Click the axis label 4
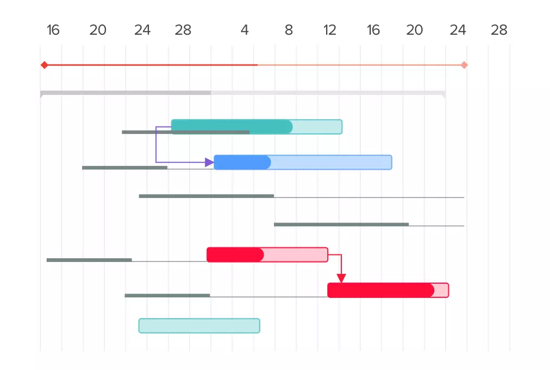coord(245,30)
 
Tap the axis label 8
coord(289,30)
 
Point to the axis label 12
coord(330,30)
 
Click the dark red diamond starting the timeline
coord(44,65)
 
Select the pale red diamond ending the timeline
coord(464,65)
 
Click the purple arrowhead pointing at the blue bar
coord(209,162)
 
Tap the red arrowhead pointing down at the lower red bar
coord(341,278)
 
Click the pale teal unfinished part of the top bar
coord(317,126)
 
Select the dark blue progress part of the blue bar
coord(242,162)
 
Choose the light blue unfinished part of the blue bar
coord(332,162)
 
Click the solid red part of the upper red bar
coord(235,254)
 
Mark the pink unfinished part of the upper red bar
coord(296,254)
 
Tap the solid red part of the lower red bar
coord(380,290)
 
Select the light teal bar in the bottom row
coord(199,326)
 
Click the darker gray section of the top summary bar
coord(126,93)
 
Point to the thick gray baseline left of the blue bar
coord(124,168)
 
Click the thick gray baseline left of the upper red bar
coord(89,260)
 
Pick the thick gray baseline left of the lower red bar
coord(167,296)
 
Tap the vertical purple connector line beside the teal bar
coord(156,144)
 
